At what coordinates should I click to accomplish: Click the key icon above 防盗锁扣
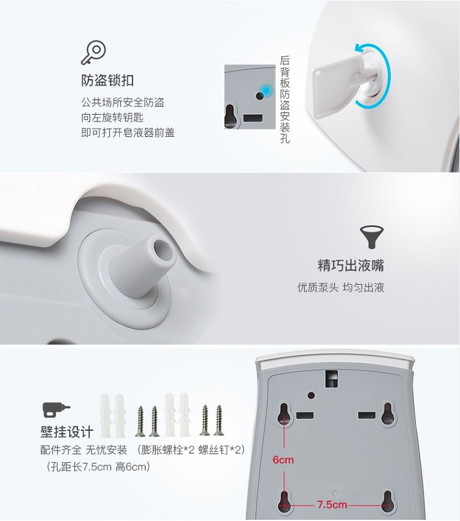(94, 53)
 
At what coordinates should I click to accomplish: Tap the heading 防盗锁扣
(107, 80)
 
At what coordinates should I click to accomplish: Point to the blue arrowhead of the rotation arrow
(359, 49)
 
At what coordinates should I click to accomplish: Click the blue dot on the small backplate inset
(266, 90)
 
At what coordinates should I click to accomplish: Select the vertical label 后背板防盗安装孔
(285, 99)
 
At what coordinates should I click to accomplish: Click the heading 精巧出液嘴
(351, 266)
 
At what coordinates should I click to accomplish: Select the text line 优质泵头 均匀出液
(340, 287)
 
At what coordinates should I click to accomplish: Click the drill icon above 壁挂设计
(56, 409)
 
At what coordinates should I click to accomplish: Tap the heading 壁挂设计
(67, 432)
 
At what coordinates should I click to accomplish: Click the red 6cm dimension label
(283, 460)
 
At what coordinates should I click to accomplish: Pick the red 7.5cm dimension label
(332, 504)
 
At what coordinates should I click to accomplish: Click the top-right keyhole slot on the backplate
(388, 414)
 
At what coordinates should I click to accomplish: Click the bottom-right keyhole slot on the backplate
(387, 501)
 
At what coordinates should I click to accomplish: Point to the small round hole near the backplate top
(311, 395)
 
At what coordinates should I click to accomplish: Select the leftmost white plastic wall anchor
(105, 415)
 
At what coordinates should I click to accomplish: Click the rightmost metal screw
(218, 420)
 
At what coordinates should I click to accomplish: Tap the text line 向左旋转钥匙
(112, 118)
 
